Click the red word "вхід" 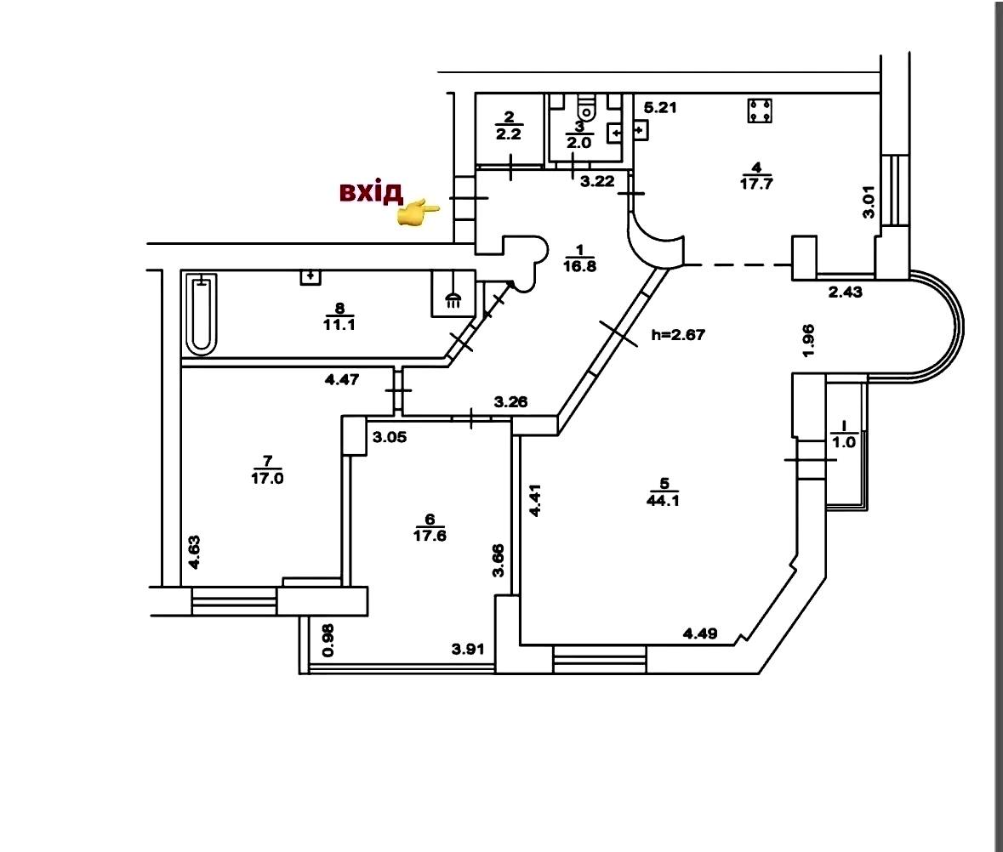pyautogui.click(x=371, y=192)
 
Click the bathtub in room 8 pyautogui.click(x=202, y=315)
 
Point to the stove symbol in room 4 pyautogui.click(x=760, y=111)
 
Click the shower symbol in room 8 pyautogui.click(x=453, y=293)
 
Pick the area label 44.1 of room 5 pyautogui.click(x=664, y=501)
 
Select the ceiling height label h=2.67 pyautogui.click(x=678, y=334)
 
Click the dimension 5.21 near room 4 pyautogui.click(x=659, y=107)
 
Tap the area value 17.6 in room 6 pyautogui.click(x=430, y=536)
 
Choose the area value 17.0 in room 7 pyautogui.click(x=267, y=478)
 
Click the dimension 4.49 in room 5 pyautogui.click(x=700, y=633)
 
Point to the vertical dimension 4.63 pyautogui.click(x=195, y=553)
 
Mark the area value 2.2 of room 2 pyautogui.click(x=509, y=134)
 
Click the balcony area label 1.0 pyautogui.click(x=844, y=441)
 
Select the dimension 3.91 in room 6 pyautogui.click(x=468, y=650)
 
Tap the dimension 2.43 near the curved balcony pyautogui.click(x=845, y=293)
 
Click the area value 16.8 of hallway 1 pyautogui.click(x=579, y=266)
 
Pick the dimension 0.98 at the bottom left pyautogui.click(x=328, y=640)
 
